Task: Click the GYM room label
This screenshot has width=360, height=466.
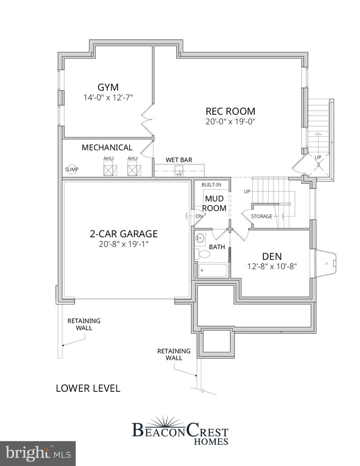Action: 108,87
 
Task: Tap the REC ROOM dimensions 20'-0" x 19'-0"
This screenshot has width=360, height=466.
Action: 231,122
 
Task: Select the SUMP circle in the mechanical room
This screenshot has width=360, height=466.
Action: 72,170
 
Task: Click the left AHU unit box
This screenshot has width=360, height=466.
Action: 108,170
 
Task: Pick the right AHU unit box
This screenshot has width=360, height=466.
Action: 132,170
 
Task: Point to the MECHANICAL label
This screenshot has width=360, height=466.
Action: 107,148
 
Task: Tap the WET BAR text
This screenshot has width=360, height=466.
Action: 179,160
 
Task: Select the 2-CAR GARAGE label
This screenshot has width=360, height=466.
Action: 123,234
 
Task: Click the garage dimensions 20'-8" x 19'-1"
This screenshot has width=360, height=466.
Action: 123,244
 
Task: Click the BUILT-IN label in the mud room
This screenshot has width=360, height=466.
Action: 211,185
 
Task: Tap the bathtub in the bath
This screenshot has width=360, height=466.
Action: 213,271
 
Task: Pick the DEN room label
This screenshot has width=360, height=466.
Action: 272,256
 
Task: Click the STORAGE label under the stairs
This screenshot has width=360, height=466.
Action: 262,216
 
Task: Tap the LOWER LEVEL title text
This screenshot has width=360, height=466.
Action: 88,388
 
